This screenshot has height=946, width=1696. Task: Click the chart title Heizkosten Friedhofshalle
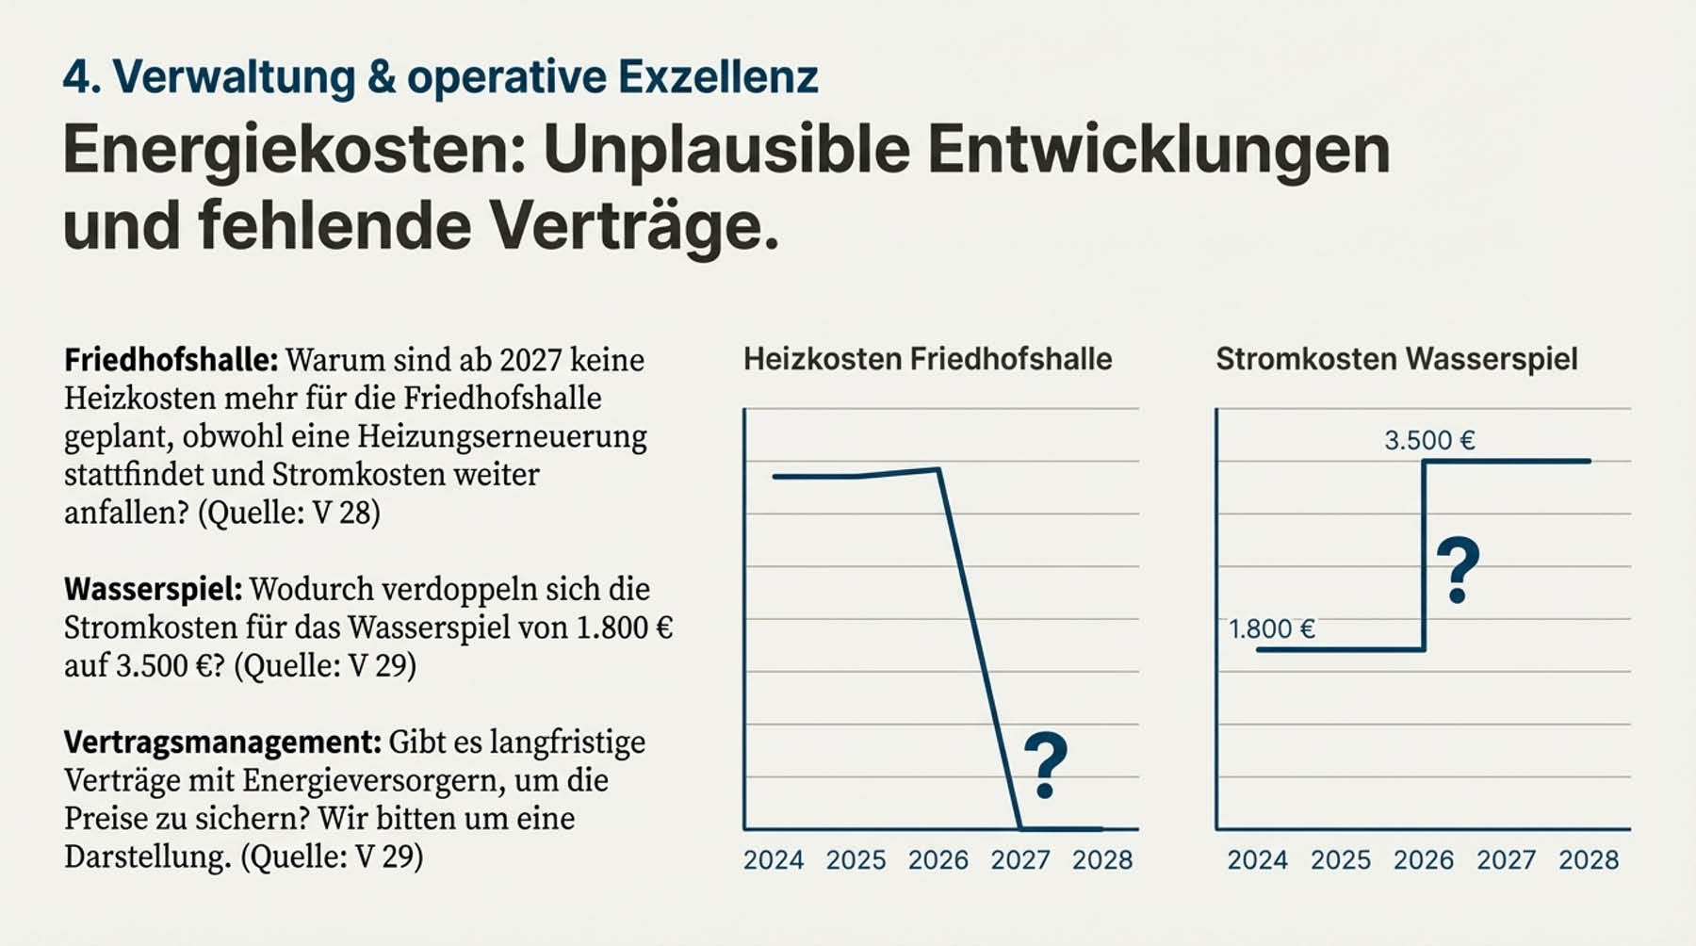point(927,359)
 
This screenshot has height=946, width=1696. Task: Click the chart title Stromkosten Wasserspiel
point(1396,359)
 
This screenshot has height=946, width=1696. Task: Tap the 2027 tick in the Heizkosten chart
point(1020,859)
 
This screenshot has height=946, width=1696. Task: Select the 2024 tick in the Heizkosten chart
point(774,859)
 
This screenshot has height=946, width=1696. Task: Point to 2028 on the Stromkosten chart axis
point(1589,859)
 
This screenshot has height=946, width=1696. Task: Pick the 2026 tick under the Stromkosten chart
point(1424,859)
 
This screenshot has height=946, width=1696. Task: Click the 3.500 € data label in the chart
point(1429,440)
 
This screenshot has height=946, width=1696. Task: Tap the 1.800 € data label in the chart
point(1272,628)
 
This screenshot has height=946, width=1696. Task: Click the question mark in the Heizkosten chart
point(1045,765)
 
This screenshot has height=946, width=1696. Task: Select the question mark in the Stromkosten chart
point(1458,570)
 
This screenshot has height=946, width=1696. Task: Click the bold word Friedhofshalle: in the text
point(171,360)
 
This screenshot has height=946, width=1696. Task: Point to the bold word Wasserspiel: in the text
point(153,589)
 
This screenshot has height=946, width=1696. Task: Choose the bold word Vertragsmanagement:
point(222,742)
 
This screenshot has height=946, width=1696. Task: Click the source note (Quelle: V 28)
point(288,513)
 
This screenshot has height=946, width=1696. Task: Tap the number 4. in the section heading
point(82,76)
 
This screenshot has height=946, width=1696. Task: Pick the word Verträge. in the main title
point(634,226)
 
